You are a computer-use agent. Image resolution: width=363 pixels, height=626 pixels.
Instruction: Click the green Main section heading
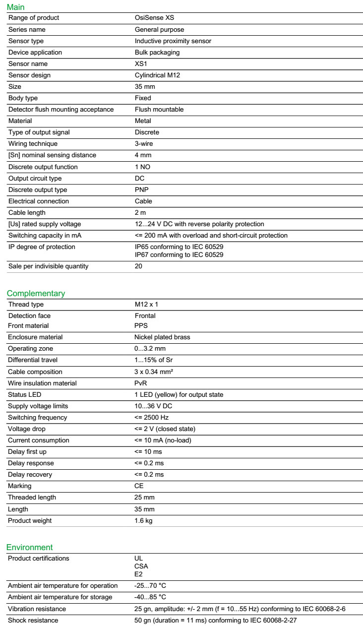(x=15, y=7)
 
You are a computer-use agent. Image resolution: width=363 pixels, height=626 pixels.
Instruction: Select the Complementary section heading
(x=36, y=293)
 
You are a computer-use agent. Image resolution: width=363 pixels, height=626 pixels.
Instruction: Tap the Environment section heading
(x=29, y=547)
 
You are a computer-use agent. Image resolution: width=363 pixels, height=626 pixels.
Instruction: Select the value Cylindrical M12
(x=159, y=75)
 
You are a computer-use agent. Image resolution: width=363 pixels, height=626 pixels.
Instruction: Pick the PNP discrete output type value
(x=142, y=190)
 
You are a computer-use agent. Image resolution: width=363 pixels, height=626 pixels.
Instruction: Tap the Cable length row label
(x=27, y=213)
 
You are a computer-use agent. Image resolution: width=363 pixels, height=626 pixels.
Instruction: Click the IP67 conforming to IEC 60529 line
(x=179, y=255)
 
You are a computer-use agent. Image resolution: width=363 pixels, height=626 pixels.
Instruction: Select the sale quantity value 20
(x=138, y=266)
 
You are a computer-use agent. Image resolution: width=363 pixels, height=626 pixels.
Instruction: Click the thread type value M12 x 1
(x=146, y=305)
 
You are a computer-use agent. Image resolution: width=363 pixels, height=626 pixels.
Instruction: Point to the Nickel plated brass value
(x=162, y=337)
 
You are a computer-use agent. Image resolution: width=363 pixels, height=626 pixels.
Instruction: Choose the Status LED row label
(x=25, y=395)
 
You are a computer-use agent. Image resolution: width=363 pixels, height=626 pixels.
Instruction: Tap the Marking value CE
(x=139, y=486)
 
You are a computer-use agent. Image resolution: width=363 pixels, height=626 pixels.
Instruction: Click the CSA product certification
(x=141, y=566)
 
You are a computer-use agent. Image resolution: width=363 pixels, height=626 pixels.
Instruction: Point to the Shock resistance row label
(x=33, y=621)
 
